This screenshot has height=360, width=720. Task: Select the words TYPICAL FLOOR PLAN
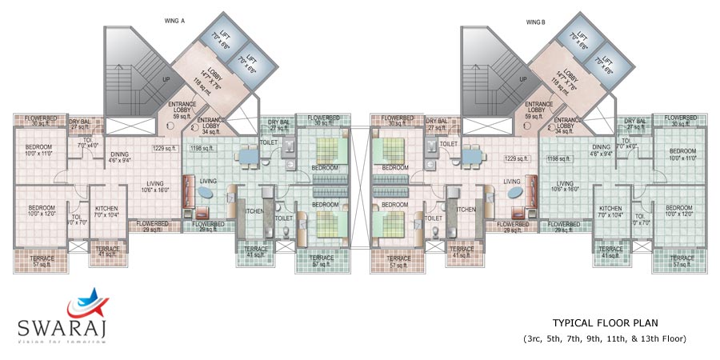click(x=605, y=323)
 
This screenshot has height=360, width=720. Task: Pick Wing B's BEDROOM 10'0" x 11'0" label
click(x=682, y=155)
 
